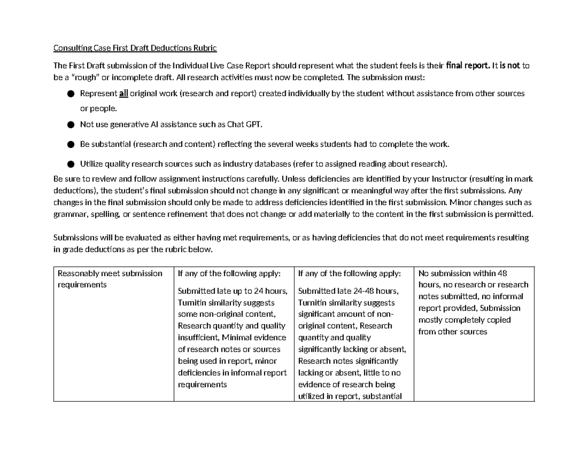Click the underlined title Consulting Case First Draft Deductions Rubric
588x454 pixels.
point(135,48)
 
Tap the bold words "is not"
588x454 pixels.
point(509,66)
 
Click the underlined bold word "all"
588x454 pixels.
point(123,93)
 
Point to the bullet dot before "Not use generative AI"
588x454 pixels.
point(71,125)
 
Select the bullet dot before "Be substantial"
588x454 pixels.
point(71,144)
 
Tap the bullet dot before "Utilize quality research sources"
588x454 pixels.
point(71,164)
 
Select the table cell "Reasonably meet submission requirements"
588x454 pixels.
point(110,279)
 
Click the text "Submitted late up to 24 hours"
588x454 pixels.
point(232,291)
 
